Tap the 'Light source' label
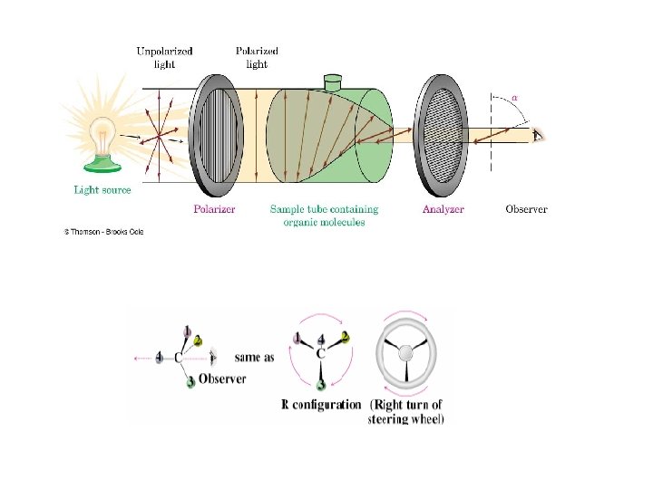tap(102, 190)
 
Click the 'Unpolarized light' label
tap(164, 58)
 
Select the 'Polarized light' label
tap(257, 58)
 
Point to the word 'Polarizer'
tap(214, 209)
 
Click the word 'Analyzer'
tap(443, 209)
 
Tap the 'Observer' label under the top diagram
tap(526, 209)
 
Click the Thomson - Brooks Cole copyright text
tap(103, 232)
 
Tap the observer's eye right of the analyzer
tap(539, 136)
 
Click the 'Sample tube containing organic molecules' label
tap(324, 216)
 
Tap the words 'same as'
tap(254, 357)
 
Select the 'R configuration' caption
tap(321, 405)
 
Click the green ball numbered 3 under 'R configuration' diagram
tap(321, 385)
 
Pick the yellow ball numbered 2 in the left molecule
tap(212, 354)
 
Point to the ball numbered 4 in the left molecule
tap(160, 359)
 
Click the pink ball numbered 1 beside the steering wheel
tap(297, 339)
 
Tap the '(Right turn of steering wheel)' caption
tap(406, 411)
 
